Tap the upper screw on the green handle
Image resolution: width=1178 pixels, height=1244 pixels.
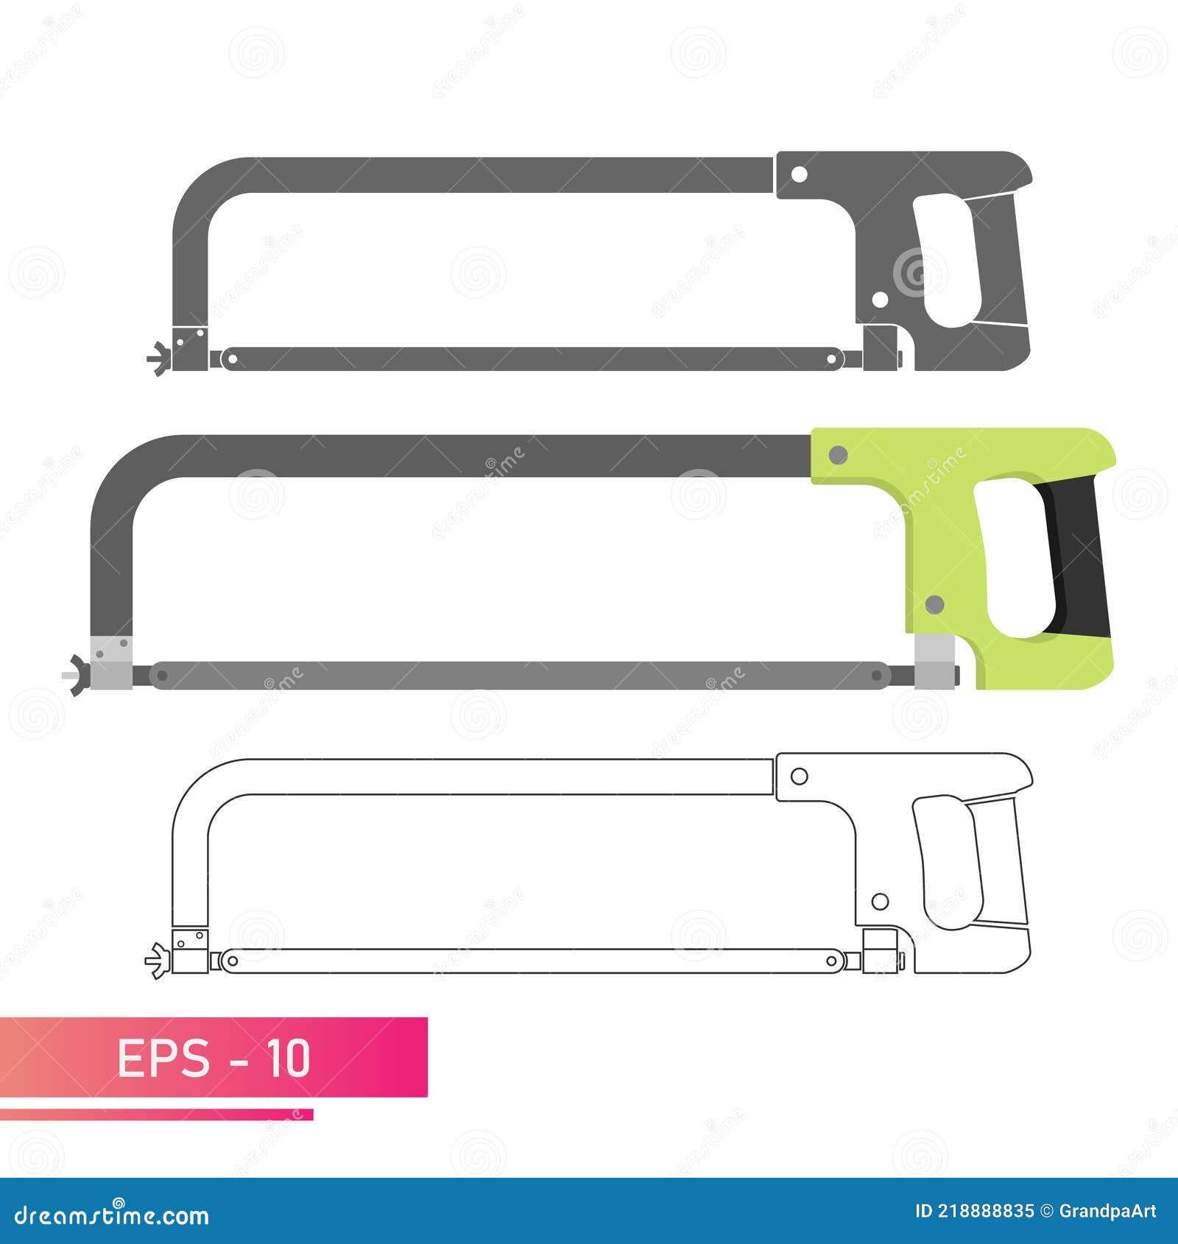point(838,456)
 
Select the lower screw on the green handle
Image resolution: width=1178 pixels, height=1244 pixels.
point(934,605)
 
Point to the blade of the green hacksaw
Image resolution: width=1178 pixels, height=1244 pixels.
point(515,675)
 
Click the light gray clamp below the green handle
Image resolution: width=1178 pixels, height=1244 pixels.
point(934,661)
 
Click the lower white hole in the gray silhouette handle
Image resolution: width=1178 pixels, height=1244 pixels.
point(880,300)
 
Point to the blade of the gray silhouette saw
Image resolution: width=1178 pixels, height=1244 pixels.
point(530,359)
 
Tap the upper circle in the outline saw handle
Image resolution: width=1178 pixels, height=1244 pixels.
point(799,776)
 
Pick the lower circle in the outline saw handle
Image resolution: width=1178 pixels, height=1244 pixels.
point(880,901)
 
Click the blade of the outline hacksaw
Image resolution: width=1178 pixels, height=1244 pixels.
point(530,961)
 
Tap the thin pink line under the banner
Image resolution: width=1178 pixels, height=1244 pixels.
point(156,1114)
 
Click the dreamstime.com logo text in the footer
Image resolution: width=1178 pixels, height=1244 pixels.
point(112,1215)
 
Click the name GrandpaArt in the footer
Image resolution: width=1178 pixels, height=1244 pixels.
point(1107,1211)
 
